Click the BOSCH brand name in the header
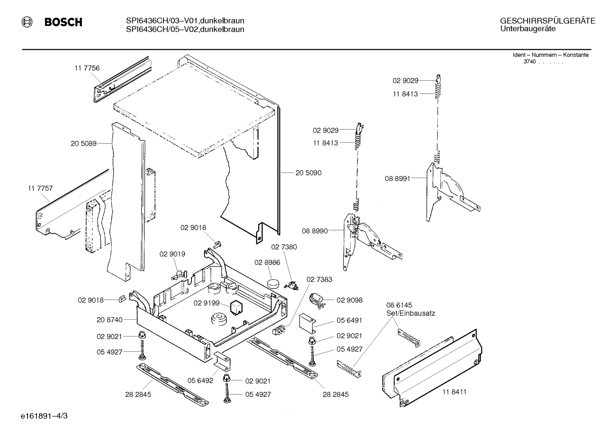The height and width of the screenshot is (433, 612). click(x=63, y=22)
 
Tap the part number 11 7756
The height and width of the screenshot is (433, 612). click(x=87, y=68)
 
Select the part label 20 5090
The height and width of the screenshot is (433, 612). click(x=309, y=173)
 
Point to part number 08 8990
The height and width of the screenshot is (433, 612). click(x=315, y=231)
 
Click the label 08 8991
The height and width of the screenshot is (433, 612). click(x=398, y=178)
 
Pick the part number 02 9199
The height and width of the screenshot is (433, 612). click(x=207, y=303)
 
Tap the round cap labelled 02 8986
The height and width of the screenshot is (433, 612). click(x=273, y=283)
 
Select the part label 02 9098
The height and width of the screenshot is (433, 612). click(x=349, y=300)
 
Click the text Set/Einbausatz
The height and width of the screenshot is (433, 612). click(x=411, y=313)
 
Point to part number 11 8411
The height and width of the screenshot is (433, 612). click(x=455, y=392)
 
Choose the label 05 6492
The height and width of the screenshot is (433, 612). click(x=200, y=380)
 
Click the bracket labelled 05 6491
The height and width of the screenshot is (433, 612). click(x=308, y=323)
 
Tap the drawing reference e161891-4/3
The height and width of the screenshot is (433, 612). click(x=44, y=416)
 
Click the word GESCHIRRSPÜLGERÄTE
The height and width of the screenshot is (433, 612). click(x=547, y=21)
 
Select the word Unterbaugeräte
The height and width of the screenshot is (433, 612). click(x=528, y=29)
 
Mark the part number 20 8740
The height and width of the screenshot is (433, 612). click(x=109, y=320)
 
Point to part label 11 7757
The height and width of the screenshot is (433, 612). click(x=40, y=188)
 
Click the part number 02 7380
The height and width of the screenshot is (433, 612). click(x=284, y=247)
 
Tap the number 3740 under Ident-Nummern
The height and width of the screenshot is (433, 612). click(x=530, y=62)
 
